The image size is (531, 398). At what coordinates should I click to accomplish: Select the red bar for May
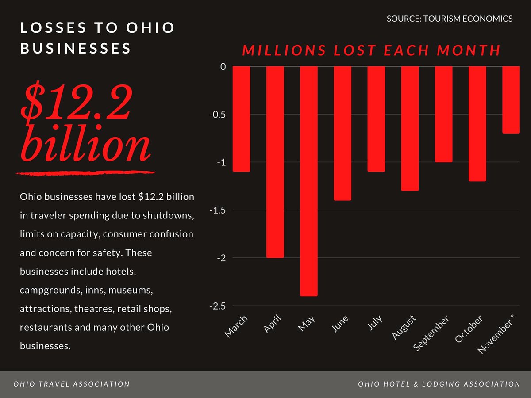pyautogui.click(x=308, y=181)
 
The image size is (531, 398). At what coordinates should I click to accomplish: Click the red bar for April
pyautogui.click(x=275, y=162)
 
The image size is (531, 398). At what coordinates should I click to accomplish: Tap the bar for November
pyautogui.click(x=511, y=100)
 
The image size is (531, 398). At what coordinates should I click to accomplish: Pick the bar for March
pyautogui.click(x=241, y=119)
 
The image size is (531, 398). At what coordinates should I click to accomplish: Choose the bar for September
pyautogui.click(x=443, y=114)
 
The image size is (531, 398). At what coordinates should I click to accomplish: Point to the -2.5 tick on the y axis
pyautogui.click(x=217, y=306)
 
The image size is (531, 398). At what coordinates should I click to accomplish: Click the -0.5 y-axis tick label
pyautogui.click(x=217, y=115)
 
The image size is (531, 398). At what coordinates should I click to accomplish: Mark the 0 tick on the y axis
pyautogui.click(x=223, y=67)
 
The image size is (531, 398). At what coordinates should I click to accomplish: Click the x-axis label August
pyautogui.click(x=404, y=328)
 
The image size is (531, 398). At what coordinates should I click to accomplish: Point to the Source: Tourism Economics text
pyautogui.click(x=450, y=19)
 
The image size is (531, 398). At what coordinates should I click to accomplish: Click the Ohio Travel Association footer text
pyautogui.click(x=72, y=384)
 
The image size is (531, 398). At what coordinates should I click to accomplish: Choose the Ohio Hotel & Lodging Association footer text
pyautogui.click(x=439, y=384)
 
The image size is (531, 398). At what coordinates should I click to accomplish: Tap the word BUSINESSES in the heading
pyautogui.click(x=76, y=48)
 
